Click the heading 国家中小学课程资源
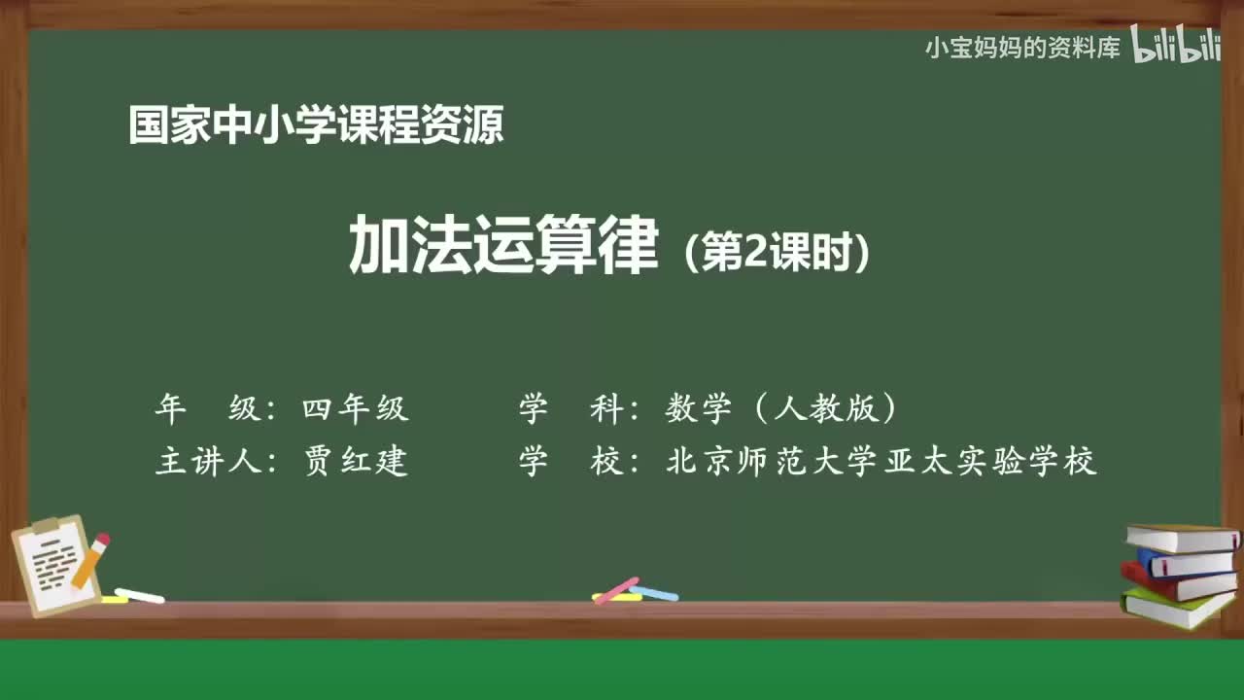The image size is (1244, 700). point(316,125)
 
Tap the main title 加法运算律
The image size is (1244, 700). point(503,248)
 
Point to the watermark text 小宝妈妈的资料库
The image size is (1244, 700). point(1023,48)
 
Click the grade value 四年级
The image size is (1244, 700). point(355,409)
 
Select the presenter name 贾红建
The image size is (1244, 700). point(355,461)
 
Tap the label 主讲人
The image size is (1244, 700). point(208,461)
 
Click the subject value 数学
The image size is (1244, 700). point(698,409)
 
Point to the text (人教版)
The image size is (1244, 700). point(826,409)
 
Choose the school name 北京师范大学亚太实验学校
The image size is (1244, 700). point(881,461)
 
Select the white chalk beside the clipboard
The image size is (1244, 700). point(139,595)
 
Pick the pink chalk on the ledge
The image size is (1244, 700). point(616,590)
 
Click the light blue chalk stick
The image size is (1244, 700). point(655,592)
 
